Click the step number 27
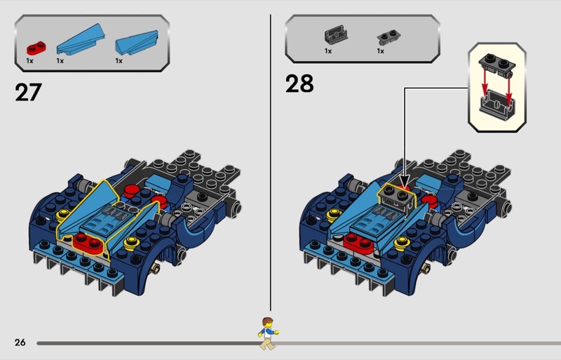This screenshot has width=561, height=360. click(28, 93)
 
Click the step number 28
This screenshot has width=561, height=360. click(299, 84)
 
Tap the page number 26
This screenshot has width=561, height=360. click(20, 342)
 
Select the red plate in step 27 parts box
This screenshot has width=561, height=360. click(36, 48)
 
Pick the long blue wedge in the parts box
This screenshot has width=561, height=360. click(81, 39)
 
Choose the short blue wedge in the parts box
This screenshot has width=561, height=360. click(137, 43)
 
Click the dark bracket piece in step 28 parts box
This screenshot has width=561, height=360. click(336, 35)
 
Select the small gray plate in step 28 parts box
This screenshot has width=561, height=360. click(388, 37)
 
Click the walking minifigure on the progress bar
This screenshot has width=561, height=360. click(268, 333)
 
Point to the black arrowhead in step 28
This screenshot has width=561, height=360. click(405, 181)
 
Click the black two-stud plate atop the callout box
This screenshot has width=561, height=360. click(497, 65)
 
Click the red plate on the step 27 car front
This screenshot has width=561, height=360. click(88, 244)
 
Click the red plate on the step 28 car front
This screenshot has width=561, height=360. click(358, 244)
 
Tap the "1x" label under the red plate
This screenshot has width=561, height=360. click(29, 61)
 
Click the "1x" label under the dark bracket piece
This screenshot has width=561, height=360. click(328, 51)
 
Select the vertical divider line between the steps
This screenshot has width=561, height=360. click(271, 163)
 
